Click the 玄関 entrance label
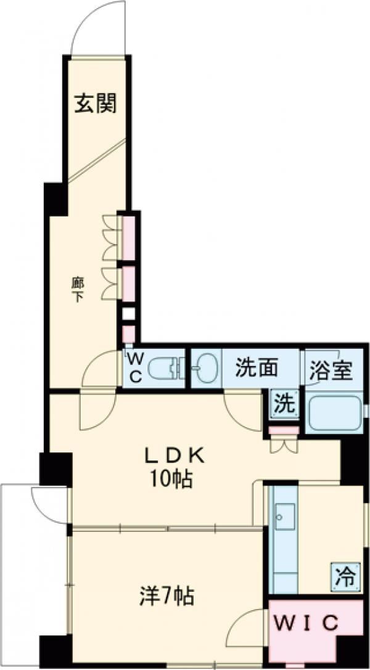click(x=96, y=104)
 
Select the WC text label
click(x=135, y=368)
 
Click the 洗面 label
click(x=256, y=369)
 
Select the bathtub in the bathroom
click(x=334, y=413)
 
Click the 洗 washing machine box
click(x=285, y=405)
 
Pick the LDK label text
click(x=175, y=456)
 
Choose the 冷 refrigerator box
click(x=345, y=577)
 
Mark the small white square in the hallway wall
click(x=128, y=314)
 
